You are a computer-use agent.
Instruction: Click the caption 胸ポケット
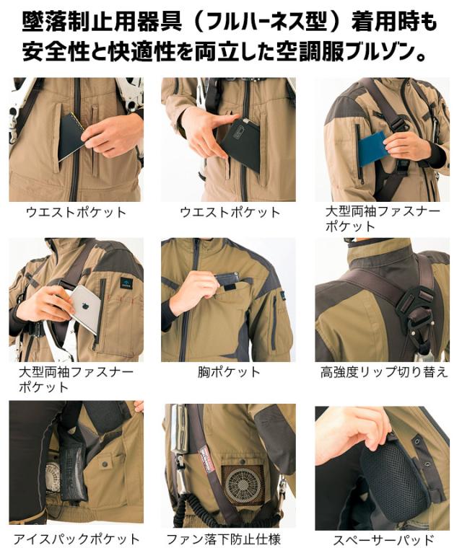point(229,373)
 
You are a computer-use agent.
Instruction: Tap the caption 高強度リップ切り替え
point(384,373)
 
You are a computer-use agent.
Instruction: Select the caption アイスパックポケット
point(77,539)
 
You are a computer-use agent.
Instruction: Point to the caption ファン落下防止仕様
point(224,539)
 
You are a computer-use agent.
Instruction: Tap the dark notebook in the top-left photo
point(71,136)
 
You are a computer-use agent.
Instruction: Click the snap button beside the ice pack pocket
point(105,464)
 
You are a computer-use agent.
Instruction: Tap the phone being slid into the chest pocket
point(227,278)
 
